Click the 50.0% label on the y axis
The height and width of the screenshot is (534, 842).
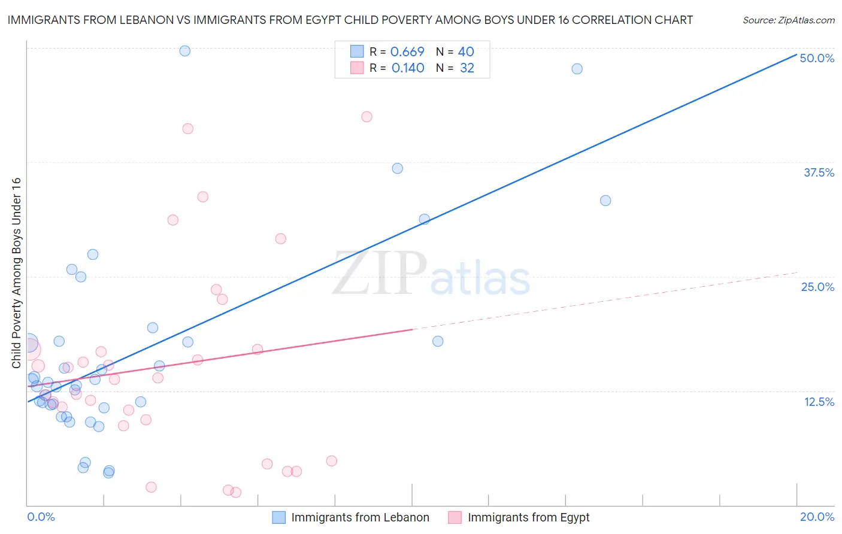pyautogui.click(x=817, y=58)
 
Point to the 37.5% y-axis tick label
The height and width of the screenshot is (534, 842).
pyautogui.click(x=819, y=172)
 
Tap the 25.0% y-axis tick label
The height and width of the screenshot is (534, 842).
pyautogui.click(x=817, y=287)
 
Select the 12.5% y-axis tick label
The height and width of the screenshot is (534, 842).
pyautogui.click(x=819, y=402)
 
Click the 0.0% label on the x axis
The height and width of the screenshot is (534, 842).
pyautogui.click(x=41, y=517)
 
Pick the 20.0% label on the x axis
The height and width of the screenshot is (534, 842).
pyautogui.click(x=817, y=517)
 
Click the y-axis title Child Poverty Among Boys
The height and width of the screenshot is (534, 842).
pyautogui.click(x=17, y=273)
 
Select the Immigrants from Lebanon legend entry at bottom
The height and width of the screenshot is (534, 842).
pyautogui.click(x=351, y=517)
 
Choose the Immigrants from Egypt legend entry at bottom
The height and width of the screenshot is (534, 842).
pyautogui.click(x=519, y=517)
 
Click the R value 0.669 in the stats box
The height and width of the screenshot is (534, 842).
pyautogui.click(x=407, y=52)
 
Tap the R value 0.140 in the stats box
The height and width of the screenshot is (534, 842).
pyautogui.click(x=408, y=68)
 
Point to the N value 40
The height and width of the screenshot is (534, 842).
pyautogui.click(x=466, y=52)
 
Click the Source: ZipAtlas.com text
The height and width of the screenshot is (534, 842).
pyautogui.click(x=788, y=20)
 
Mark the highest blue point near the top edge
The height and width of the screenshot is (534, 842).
pyautogui.click(x=185, y=51)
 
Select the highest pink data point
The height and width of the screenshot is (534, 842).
pyautogui.click(x=367, y=117)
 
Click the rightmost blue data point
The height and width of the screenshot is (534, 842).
pyautogui.click(x=605, y=201)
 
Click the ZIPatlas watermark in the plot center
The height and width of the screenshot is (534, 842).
pyautogui.click(x=431, y=274)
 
